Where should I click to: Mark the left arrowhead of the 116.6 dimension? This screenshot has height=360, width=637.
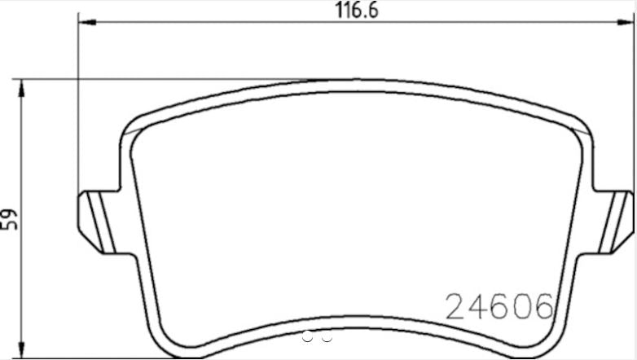pos(84,24)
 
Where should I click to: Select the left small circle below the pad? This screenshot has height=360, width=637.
pos(307,336)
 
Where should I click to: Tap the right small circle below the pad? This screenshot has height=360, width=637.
pos(327,336)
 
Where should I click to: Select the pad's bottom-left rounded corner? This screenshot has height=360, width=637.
pos(160,342)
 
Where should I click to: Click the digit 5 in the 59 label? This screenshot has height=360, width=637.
pos(11,227)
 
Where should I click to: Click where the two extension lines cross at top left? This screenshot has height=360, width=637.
pos(78,80)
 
